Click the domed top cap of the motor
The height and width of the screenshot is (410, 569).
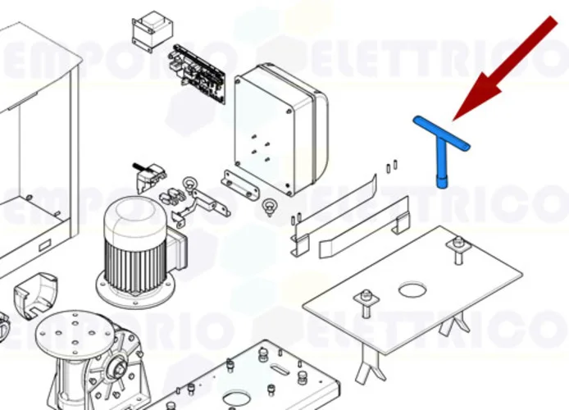click(131, 215)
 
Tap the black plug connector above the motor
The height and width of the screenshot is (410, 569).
click(147, 175)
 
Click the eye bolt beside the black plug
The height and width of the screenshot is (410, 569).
click(189, 183)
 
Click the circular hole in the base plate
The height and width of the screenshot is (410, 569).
click(412, 289)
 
